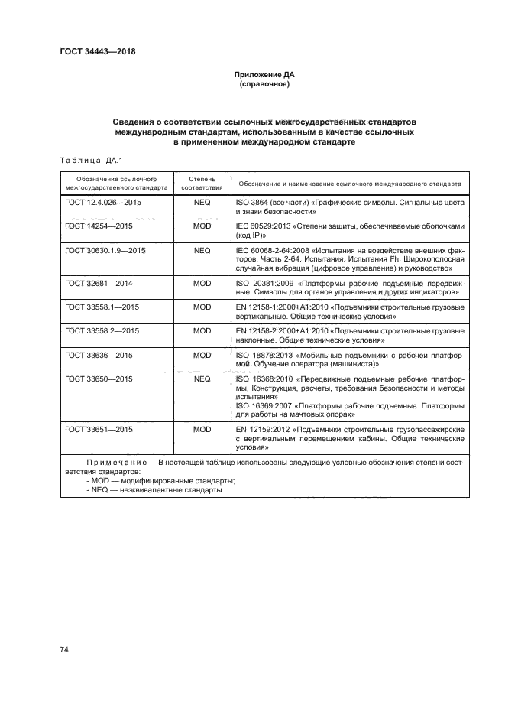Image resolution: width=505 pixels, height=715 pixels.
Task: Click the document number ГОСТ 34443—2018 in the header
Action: (x=97, y=52)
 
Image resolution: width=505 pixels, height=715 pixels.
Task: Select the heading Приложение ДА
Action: (x=264, y=75)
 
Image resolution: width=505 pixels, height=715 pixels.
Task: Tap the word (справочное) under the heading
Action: (x=264, y=84)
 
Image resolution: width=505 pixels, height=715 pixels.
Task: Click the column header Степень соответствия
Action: (x=202, y=180)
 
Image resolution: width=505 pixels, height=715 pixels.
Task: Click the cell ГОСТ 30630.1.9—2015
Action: (x=104, y=250)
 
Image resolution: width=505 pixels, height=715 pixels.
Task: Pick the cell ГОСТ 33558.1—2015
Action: (x=102, y=307)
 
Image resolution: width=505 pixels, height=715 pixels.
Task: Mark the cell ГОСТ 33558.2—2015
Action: (x=102, y=330)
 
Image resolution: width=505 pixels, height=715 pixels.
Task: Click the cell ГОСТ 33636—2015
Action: (x=98, y=355)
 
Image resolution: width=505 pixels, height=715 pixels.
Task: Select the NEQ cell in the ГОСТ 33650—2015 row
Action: (x=202, y=379)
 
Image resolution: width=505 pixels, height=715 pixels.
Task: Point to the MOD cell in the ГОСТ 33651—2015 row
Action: (x=202, y=430)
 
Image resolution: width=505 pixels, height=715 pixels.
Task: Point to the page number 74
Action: (x=64, y=649)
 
